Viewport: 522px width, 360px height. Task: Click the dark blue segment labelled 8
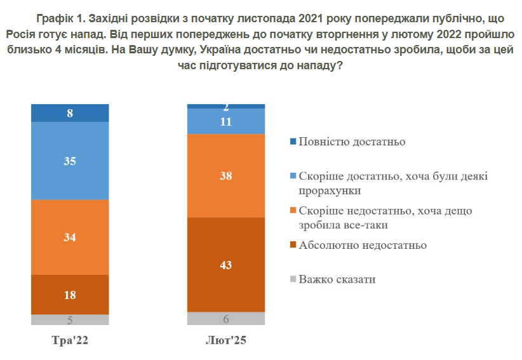point(70,113)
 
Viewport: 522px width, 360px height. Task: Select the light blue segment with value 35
point(70,161)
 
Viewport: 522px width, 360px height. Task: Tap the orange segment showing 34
point(70,237)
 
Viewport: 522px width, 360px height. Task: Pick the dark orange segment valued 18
point(70,294)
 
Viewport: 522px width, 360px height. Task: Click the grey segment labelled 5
point(70,319)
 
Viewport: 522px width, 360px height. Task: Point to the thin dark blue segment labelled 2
point(225,106)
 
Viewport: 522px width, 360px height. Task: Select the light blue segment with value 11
point(225,121)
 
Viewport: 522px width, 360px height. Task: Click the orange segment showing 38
point(225,175)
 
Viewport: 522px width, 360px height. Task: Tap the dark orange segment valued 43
point(225,264)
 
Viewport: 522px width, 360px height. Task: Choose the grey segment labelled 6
point(225,319)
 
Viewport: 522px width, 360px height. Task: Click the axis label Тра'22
point(70,341)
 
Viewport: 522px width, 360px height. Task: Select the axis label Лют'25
point(225,341)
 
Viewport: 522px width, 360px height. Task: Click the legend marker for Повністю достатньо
point(292,142)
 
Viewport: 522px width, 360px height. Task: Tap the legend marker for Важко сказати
point(292,279)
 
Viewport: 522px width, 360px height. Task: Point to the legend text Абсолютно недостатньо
point(363,245)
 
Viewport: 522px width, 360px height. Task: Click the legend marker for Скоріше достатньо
point(292,176)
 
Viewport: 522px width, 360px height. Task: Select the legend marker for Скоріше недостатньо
point(292,211)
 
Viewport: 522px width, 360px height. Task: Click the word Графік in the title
point(55,17)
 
